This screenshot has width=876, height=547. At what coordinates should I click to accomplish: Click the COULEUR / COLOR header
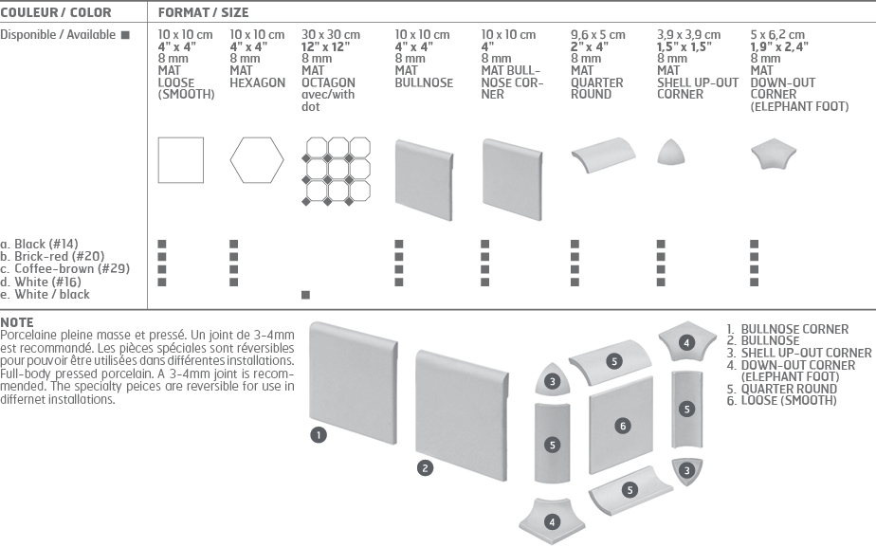click(x=55, y=12)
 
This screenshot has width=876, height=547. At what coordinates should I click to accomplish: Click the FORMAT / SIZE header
click(x=203, y=12)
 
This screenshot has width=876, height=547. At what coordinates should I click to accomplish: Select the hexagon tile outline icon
click(x=257, y=160)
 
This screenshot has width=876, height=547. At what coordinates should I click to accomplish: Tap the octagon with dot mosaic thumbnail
click(x=337, y=171)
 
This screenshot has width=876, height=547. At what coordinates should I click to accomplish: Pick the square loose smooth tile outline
click(x=181, y=160)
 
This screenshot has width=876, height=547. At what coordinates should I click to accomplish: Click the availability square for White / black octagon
click(x=305, y=295)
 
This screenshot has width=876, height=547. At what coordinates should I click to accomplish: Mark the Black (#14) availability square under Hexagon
click(x=234, y=245)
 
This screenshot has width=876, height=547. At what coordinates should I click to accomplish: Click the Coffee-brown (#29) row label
click(x=64, y=268)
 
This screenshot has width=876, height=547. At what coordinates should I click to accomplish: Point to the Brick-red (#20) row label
click(x=52, y=257)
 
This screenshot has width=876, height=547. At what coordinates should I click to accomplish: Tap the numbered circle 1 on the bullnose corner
click(x=319, y=435)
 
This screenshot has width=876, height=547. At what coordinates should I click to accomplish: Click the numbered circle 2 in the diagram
click(x=425, y=468)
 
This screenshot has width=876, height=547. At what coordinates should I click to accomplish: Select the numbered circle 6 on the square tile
click(x=623, y=427)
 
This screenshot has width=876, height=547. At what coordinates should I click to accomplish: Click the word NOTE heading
click(x=17, y=322)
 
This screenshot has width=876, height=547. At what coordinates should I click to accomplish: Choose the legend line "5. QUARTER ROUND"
click(x=781, y=389)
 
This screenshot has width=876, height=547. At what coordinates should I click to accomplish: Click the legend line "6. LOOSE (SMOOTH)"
click(x=781, y=401)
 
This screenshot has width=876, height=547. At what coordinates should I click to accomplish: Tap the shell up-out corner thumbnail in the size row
click(x=670, y=153)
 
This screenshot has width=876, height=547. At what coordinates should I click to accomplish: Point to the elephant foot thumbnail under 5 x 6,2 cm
click(x=774, y=153)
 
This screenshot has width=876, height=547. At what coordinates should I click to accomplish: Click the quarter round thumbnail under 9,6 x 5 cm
click(x=603, y=155)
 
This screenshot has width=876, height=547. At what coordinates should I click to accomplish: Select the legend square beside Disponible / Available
click(x=125, y=35)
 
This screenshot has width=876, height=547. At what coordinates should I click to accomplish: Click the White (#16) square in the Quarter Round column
click(x=575, y=283)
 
